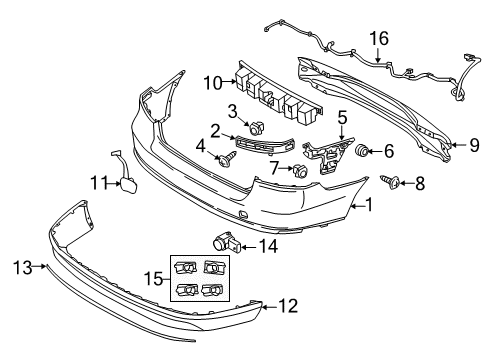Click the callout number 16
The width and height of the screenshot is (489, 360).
pyautogui.click(x=379, y=38)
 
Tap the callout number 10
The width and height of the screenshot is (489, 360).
pyautogui.click(x=213, y=83)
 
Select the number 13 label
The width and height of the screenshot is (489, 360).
pyautogui.click(x=23, y=267)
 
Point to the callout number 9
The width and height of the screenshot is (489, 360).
pyautogui.click(x=474, y=145)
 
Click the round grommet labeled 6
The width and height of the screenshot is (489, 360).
pyautogui.click(x=361, y=151)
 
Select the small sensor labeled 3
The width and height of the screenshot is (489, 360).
pyautogui.click(x=257, y=127)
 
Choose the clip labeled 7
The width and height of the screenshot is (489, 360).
pyautogui.click(x=300, y=170)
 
